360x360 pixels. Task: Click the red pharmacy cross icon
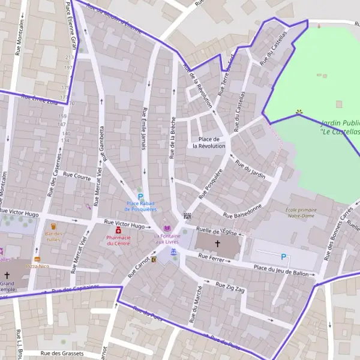118,230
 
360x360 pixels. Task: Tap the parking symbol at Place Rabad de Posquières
141,197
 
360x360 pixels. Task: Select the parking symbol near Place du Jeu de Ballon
283,257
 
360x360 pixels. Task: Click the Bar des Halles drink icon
53,227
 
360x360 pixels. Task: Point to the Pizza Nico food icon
37,259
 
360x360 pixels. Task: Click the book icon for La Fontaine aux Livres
167,229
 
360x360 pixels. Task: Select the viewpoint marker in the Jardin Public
299,112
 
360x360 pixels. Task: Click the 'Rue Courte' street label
76,176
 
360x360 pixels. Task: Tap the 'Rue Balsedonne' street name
242,211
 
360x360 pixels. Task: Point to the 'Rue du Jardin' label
250,168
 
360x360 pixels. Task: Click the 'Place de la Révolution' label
209,142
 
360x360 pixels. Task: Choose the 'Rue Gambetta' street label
102,144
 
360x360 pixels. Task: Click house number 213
69,58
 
